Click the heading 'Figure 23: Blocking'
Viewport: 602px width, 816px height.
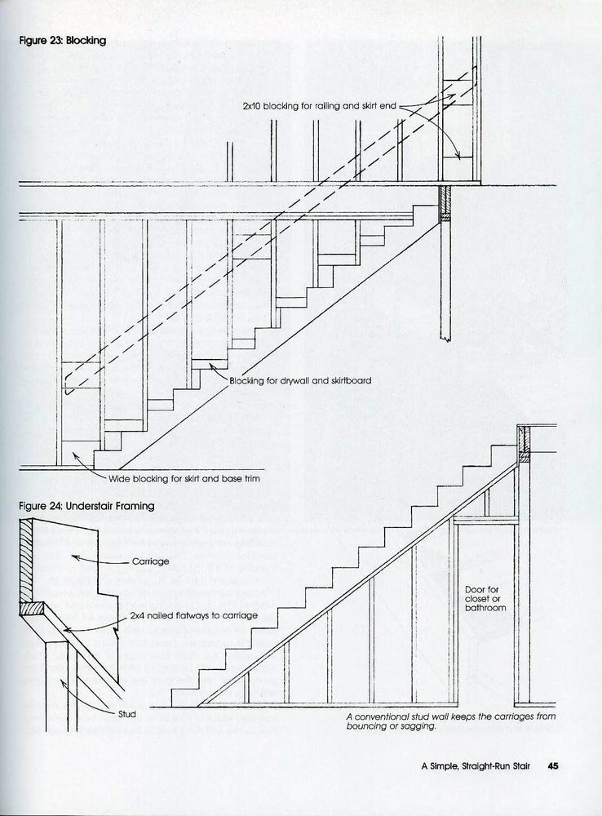[x=63, y=40]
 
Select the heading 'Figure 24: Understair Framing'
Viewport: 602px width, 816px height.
[x=86, y=506]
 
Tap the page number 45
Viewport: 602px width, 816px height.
[x=553, y=765]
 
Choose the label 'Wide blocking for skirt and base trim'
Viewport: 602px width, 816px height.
[x=184, y=478]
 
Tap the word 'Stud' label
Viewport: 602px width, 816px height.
[x=126, y=713]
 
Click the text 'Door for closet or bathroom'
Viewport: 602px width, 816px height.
[x=485, y=598]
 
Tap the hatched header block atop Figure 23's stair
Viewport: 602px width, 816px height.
[x=445, y=203]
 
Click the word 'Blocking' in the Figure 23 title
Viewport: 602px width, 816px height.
[x=86, y=40]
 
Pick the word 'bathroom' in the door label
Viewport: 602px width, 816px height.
[x=485, y=608]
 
